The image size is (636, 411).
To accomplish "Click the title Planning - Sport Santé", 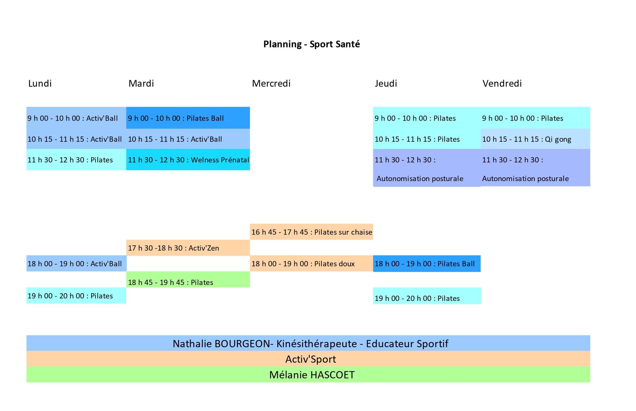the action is [311, 44].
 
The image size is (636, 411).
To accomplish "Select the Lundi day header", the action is [40, 83].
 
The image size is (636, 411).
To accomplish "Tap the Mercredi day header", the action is [271, 83].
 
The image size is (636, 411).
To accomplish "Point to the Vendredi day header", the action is [502, 83].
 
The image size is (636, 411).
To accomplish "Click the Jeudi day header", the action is [386, 83].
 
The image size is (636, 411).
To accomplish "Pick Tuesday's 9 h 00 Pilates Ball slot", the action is [188, 118].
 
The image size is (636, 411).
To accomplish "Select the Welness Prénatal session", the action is [188, 159].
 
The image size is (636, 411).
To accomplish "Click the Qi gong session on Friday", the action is [535, 139].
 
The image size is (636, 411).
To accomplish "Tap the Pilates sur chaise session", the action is [311, 232].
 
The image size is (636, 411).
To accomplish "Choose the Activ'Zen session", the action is [188, 248].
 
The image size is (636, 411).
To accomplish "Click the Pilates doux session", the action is [311, 263].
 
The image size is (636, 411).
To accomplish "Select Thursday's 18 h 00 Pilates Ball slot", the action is [427, 264].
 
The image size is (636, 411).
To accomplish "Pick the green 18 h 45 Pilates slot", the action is [188, 279].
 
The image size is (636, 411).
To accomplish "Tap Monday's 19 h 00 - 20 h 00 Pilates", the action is [76, 296].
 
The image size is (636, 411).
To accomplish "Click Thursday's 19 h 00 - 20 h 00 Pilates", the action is [427, 296].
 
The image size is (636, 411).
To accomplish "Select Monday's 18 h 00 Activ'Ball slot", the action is [76, 263].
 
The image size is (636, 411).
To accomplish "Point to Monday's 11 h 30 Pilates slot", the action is [76, 159].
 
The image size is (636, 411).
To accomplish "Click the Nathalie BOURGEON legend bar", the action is [308, 343].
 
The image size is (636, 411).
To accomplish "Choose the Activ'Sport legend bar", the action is [308, 359].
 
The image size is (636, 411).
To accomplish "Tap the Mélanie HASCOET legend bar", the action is [308, 374].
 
